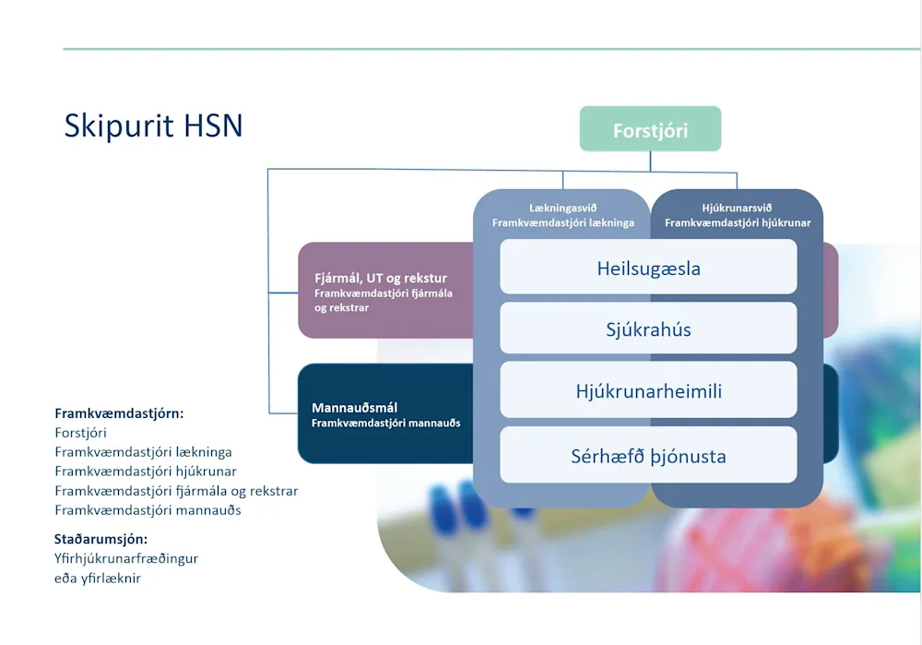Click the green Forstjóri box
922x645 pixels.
pyautogui.click(x=650, y=129)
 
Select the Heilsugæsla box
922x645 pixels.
pyautogui.click(x=648, y=269)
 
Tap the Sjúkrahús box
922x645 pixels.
pyautogui.click(x=648, y=329)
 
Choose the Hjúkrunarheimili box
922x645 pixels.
pyautogui.click(x=648, y=391)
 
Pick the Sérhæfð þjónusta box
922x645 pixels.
pyautogui.click(x=648, y=456)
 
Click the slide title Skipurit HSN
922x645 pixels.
pyautogui.click(x=153, y=125)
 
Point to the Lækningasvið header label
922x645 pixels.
pyautogui.click(x=562, y=208)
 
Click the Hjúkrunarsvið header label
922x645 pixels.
pyautogui.click(x=737, y=208)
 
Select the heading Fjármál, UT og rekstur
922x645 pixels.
pyautogui.click(x=380, y=278)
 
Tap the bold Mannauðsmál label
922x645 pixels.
pyautogui.click(x=354, y=407)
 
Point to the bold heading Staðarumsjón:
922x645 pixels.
pyautogui.click(x=100, y=539)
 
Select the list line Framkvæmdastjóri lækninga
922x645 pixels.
pyautogui.click(x=143, y=452)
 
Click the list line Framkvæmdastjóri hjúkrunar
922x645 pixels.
pyautogui.click(x=146, y=472)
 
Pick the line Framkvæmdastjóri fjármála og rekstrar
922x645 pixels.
pyautogui.click(x=176, y=491)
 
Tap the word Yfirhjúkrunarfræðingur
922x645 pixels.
pyautogui.click(x=126, y=558)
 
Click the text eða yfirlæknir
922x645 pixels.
pyautogui.click(x=98, y=578)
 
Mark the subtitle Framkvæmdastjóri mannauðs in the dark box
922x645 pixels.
pyautogui.click(x=385, y=423)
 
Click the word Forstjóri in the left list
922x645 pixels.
pyautogui.click(x=80, y=433)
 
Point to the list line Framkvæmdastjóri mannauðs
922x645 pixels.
pyautogui.click(x=148, y=510)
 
